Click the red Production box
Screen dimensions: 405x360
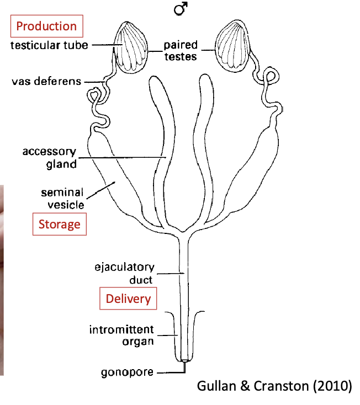tap(46, 26)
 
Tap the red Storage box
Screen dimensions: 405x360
tap(59, 224)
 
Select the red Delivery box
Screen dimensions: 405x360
tap(128, 299)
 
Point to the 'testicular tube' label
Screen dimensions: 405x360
tap(49, 45)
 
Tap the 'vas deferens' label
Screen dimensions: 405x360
tap(46, 82)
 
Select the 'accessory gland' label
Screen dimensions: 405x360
tap(49, 157)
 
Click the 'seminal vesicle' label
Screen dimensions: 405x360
tap(62, 199)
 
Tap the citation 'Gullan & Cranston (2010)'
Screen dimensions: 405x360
tap(274, 385)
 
